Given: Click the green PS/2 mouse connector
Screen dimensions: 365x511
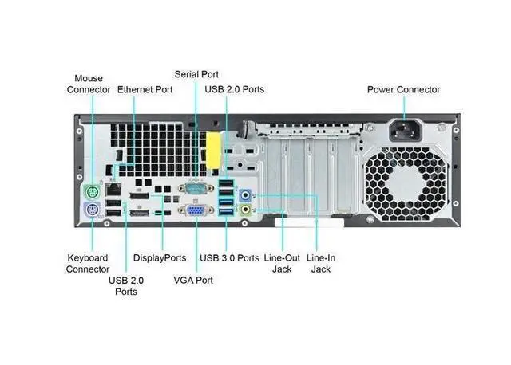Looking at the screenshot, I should (x=92, y=192).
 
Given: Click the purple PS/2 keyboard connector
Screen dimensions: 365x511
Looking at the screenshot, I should (x=92, y=210).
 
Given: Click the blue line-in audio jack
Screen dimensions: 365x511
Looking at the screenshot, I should (x=247, y=193).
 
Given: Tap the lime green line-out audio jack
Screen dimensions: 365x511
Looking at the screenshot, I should (x=247, y=210).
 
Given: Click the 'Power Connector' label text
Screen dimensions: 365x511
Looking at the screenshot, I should (x=403, y=90).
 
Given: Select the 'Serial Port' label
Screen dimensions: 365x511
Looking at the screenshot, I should (x=196, y=74).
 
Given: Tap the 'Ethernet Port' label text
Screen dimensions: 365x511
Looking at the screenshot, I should (x=145, y=90).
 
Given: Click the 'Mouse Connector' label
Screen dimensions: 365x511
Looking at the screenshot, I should (x=89, y=84).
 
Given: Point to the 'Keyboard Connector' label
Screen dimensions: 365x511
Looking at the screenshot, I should (x=88, y=264).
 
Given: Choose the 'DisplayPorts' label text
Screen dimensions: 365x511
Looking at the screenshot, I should (x=160, y=258).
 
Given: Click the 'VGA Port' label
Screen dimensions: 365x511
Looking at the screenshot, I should (x=193, y=281).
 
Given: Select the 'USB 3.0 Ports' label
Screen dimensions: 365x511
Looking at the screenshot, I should (x=229, y=258).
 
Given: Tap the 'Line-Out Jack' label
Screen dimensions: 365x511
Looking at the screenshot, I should (x=282, y=264).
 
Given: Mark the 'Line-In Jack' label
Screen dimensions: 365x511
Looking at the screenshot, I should (x=320, y=264).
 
